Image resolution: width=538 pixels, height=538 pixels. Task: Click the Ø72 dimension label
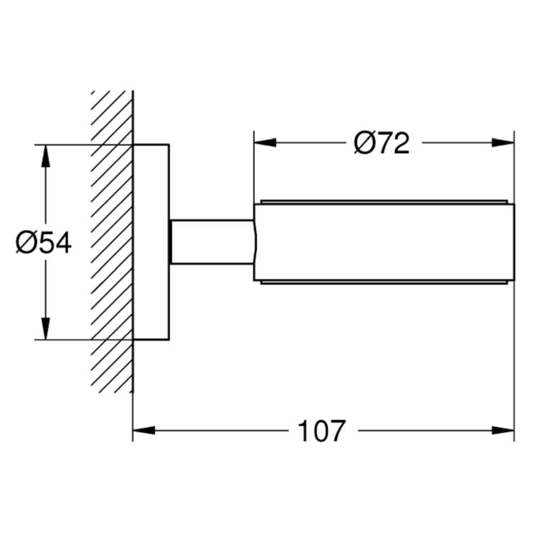tap(382, 143)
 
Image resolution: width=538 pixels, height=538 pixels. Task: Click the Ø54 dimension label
tap(44, 243)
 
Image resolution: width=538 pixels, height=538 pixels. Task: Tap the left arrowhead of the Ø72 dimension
tap(265, 142)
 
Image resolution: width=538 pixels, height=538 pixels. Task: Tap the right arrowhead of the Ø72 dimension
tap(503, 142)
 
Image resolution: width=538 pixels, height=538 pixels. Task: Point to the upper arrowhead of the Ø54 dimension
tap(45, 156)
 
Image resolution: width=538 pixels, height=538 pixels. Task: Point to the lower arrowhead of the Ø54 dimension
tap(45, 328)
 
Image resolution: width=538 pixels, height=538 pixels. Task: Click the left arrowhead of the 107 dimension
tap(144, 430)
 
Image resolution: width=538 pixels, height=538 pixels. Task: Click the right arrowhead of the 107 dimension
tap(503, 430)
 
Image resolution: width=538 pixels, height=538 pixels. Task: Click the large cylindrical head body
tap(384, 242)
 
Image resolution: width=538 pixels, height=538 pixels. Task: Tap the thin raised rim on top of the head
tap(384, 202)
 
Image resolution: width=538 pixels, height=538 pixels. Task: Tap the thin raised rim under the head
tap(384, 282)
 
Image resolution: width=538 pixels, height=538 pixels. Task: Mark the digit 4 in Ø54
tap(64, 243)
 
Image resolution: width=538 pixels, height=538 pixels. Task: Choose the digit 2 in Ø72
tap(402, 143)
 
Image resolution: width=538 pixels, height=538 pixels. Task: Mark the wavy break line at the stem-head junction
tap(255, 242)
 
